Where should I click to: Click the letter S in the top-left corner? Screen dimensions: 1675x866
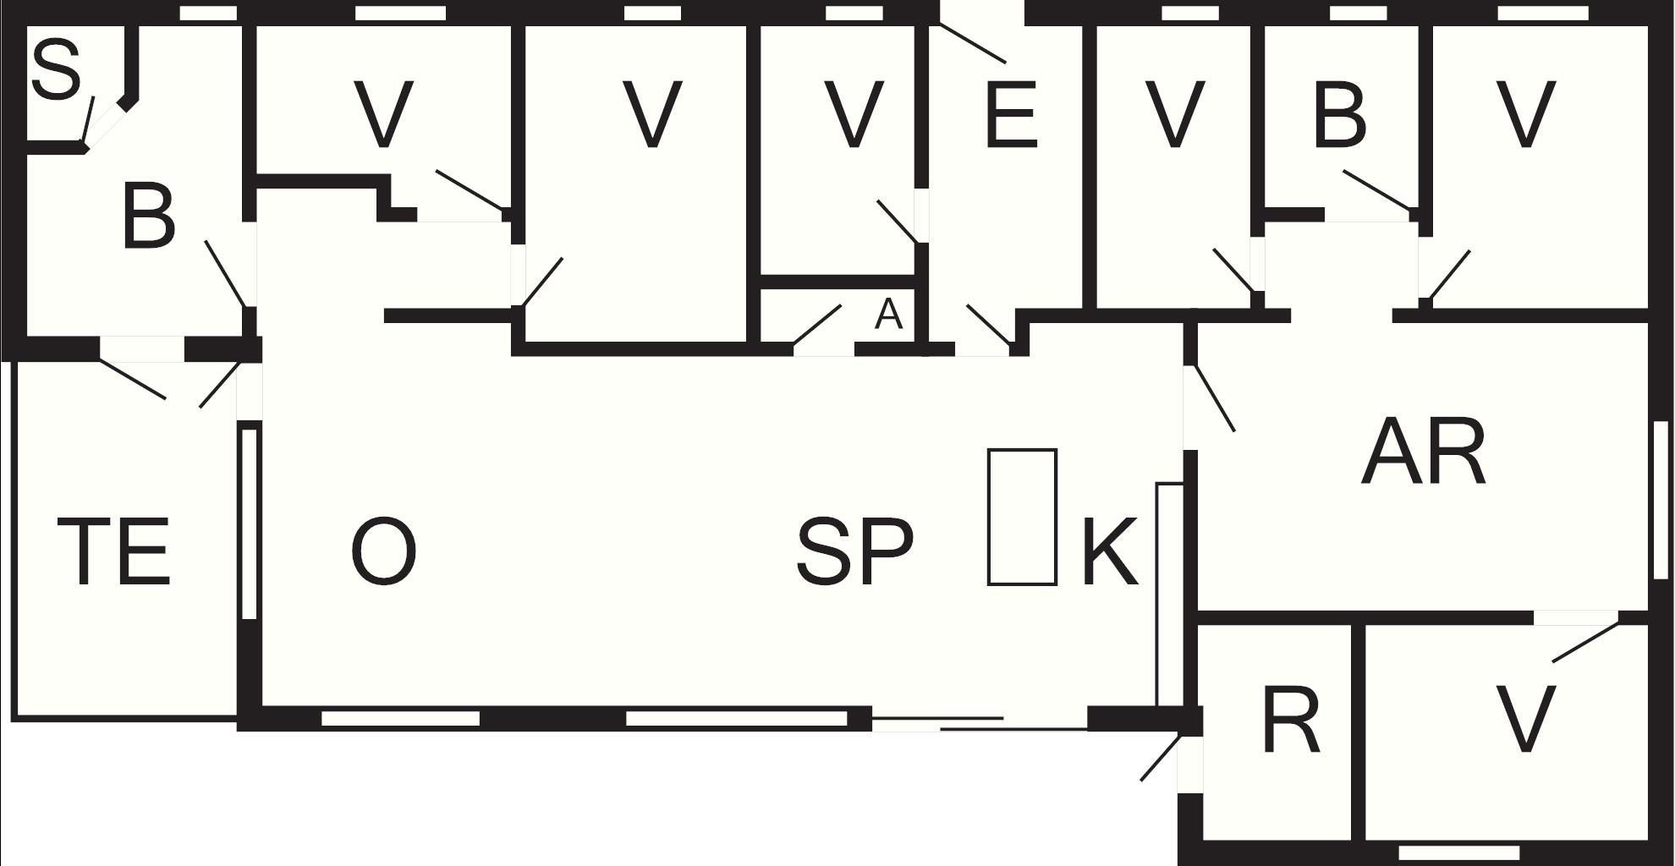click(x=57, y=70)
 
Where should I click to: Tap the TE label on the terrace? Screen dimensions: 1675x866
click(x=114, y=552)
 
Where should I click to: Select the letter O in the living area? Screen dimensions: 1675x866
click(x=383, y=552)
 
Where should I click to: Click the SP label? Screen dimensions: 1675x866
click(x=855, y=552)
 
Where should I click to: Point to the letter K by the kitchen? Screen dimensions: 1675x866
click(x=1110, y=552)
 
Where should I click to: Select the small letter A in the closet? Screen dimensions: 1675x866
click(x=888, y=315)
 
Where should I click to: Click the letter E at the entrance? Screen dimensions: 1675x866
click(x=1011, y=114)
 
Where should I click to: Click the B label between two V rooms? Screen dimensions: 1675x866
click(x=1340, y=114)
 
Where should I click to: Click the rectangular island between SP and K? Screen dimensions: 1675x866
click(x=1023, y=517)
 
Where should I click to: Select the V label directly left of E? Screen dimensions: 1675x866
click(x=854, y=114)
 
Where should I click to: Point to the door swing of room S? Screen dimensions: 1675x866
click(x=87, y=120)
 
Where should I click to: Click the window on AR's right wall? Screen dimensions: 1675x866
click(x=1661, y=501)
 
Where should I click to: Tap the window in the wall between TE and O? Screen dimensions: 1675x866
click(x=249, y=524)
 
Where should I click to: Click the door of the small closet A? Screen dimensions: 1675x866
click(x=817, y=326)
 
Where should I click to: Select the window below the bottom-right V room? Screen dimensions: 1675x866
click(x=1459, y=852)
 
